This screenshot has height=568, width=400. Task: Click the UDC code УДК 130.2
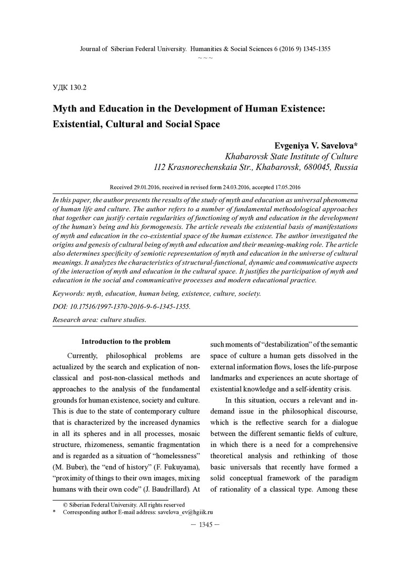point(69,85)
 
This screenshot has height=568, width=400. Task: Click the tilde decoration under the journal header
point(205,57)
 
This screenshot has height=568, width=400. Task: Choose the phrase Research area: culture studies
point(99,319)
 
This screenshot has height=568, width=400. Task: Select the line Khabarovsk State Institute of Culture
point(291,156)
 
